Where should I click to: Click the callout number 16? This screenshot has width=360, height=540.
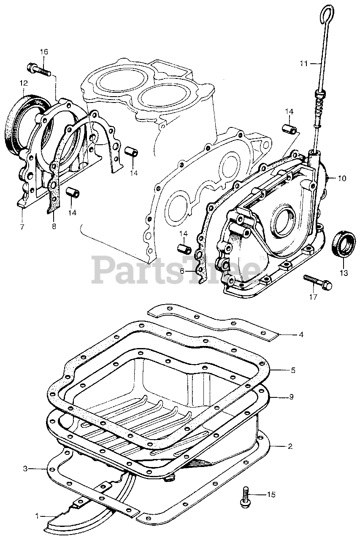tap(44, 52)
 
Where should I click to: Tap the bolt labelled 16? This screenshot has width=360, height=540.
tap(39, 69)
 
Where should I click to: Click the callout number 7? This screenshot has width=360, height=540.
tap(22, 227)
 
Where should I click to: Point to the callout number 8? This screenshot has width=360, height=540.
tap(54, 227)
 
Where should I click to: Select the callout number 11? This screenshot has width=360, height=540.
tap(304, 64)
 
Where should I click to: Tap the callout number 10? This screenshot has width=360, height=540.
tap(341, 178)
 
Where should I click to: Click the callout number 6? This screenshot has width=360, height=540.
tap(182, 271)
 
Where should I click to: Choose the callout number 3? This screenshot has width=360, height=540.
tap(25, 468)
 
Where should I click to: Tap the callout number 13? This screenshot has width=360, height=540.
tap(344, 273)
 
